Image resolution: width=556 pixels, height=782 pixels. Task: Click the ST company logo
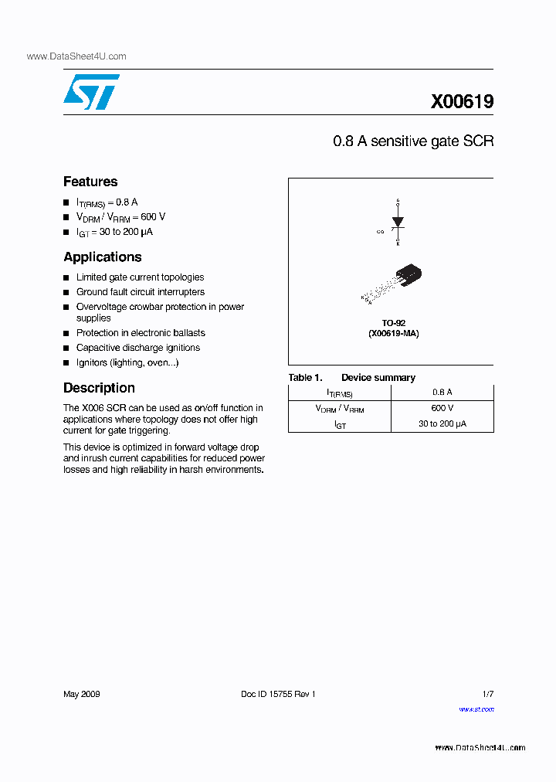[x=91, y=92]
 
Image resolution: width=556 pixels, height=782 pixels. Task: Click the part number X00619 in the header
[x=462, y=102]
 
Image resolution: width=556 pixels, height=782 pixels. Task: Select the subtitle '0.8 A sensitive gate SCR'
[x=412, y=141]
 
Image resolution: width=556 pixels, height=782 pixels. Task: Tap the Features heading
[x=90, y=182]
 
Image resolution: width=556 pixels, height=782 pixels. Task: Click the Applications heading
[x=102, y=257]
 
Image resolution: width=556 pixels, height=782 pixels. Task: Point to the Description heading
[x=99, y=388]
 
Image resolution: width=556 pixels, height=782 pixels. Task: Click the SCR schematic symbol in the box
[x=398, y=223]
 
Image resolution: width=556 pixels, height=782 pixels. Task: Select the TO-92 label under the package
[x=393, y=323]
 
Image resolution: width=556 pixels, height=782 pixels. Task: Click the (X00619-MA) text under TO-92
[x=393, y=333]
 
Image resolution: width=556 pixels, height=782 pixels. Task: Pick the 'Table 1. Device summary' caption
[x=351, y=378]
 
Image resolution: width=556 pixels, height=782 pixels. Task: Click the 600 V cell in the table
[x=442, y=408]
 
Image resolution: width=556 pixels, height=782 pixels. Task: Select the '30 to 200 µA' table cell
[x=442, y=423]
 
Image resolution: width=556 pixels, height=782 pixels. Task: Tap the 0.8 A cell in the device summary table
[x=442, y=393]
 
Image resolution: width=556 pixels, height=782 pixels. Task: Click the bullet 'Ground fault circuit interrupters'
[x=140, y=292]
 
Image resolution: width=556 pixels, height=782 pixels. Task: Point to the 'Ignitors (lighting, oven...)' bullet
[x=127, y=362]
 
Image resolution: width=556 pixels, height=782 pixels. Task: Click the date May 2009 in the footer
[x=81, y=694]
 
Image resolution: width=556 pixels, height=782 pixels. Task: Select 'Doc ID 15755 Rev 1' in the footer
[x=278, y=694]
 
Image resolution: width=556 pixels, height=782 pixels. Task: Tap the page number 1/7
[x=486, y=694]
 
